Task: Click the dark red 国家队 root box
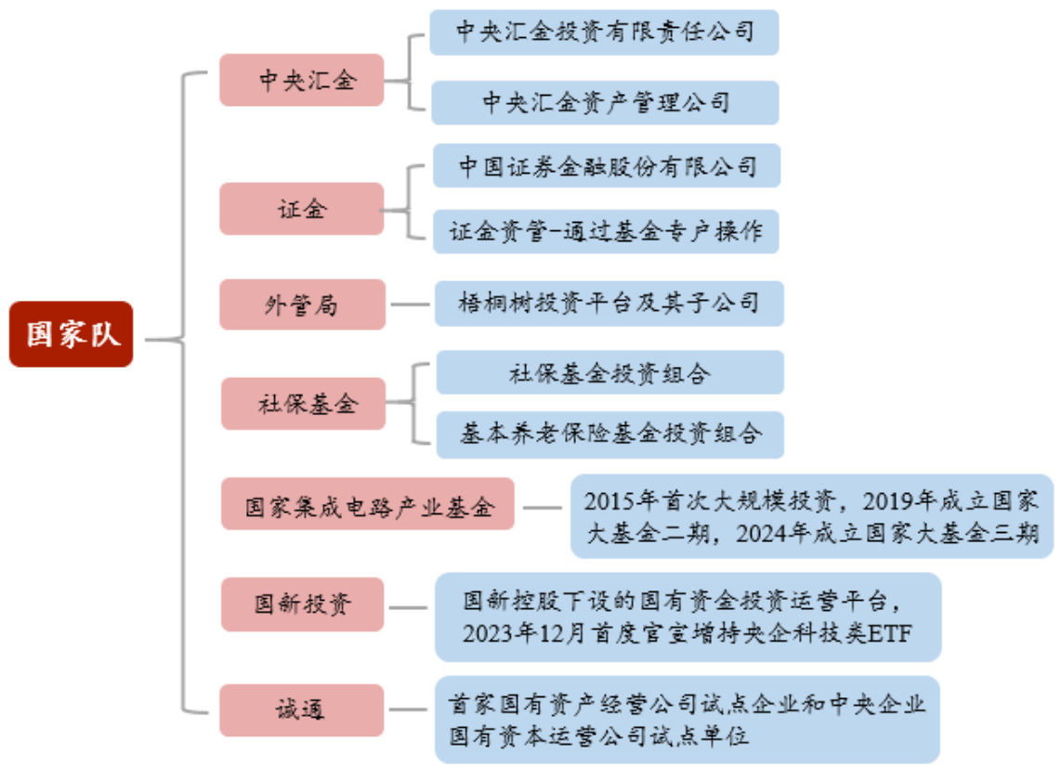click(72, 334)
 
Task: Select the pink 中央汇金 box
click(302, 80)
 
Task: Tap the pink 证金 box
click(302, 208)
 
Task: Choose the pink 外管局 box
click(302, 304)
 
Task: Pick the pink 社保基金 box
click(303, 403)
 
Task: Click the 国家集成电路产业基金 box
click(367, 506)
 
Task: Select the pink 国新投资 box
click(302, 604)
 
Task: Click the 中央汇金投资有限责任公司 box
click(604, 32)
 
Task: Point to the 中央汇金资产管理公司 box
click(604, 102)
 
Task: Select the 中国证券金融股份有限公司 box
click(607, 166)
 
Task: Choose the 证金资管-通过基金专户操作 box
click(606, 229)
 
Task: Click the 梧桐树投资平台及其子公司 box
click(609, 303)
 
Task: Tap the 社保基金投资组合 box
click(610, 372)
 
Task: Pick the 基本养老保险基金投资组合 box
click(610, 434)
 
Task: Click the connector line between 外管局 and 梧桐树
click(410, 304)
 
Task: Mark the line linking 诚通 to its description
click(410, 710)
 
